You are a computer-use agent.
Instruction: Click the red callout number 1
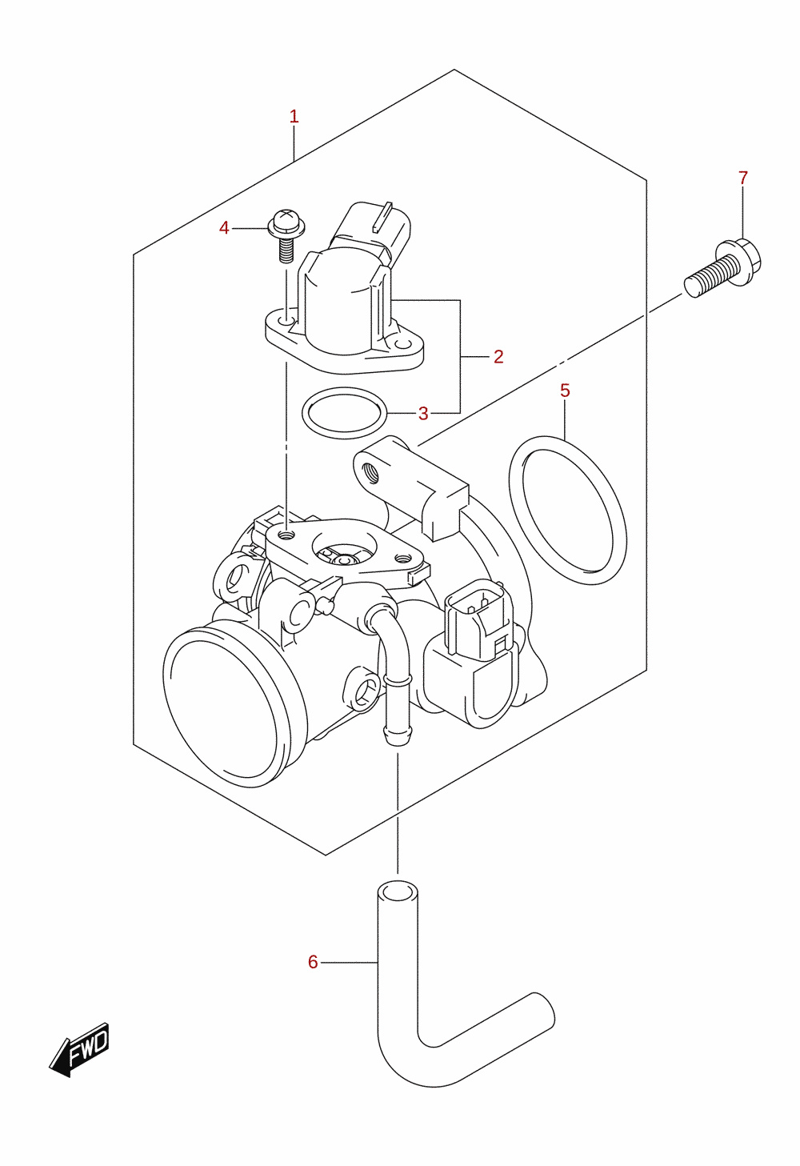pos(294,117)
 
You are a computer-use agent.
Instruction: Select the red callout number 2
pos(498,357)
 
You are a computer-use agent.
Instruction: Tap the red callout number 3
pos(423,414)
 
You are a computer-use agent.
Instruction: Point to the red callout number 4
pos(224,228)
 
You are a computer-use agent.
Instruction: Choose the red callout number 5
pos(566,391)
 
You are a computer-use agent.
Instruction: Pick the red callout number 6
pos(313,962)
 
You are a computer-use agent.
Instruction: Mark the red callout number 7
pos(743,178)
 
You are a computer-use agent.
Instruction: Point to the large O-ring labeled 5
pos(568,511)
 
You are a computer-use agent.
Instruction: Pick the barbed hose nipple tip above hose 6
pos(397,735)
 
